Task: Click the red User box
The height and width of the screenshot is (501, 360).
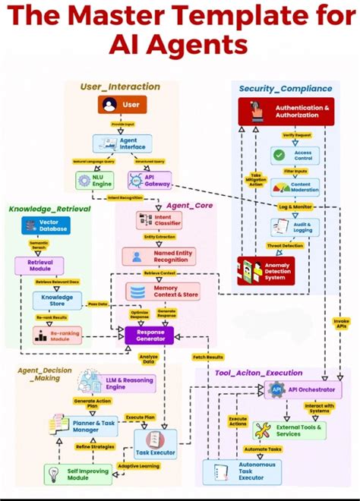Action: pos(122,104)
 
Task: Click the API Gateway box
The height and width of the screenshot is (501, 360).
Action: pos(149,181)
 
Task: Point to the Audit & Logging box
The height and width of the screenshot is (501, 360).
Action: pos(295,227)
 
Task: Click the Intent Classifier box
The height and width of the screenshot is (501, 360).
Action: pos(158,220)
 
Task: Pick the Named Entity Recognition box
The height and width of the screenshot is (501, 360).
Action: pos(159,256)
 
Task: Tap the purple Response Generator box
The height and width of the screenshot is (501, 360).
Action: pos(150,334)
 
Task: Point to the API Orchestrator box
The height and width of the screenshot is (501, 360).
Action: pos(300,389)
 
